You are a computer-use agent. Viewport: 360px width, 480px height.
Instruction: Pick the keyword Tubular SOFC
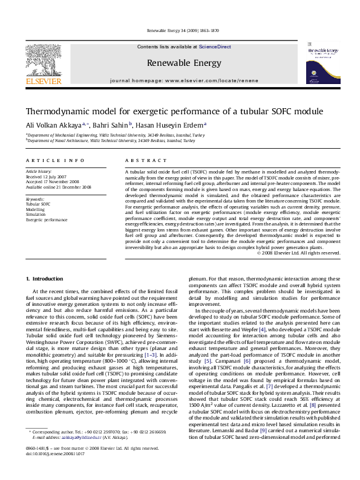38,204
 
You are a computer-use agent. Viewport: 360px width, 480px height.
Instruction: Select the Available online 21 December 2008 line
58,187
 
